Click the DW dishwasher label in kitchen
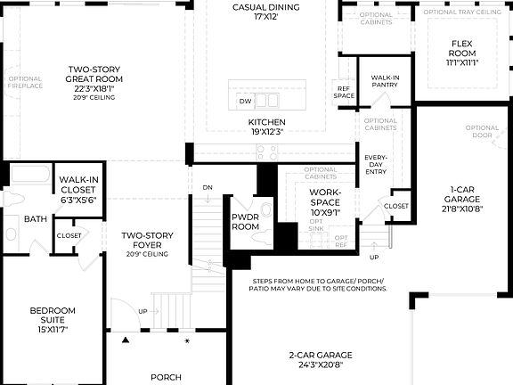pos(245,102)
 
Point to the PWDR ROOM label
pos(245,221)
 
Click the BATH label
pos(36,218)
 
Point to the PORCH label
pos(166,377)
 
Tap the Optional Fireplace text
pos(24,84)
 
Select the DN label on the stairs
pos(207,187)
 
